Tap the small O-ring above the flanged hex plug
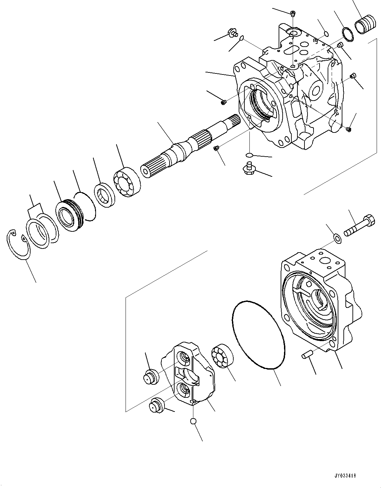249,155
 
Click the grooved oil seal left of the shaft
70,215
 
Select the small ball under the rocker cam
193,421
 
